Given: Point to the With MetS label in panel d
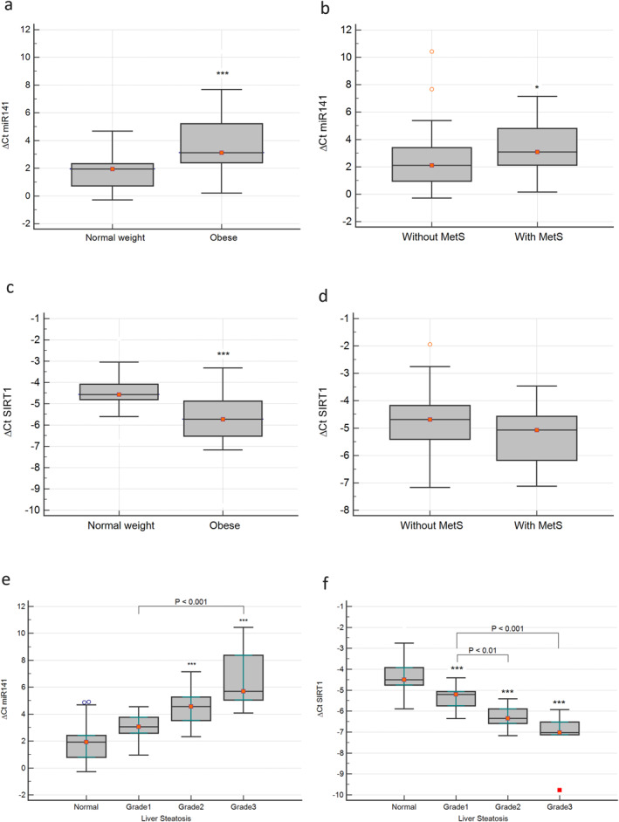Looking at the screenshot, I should pyautogui.click(x=537, y=526).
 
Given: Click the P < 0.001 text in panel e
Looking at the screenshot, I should pyautogui.click(x=191, y=601).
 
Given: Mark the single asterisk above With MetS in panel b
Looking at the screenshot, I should pyautogui.click(x=537, y=87).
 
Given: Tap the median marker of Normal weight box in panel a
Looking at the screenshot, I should pyautogui.click(x=113, y=168).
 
